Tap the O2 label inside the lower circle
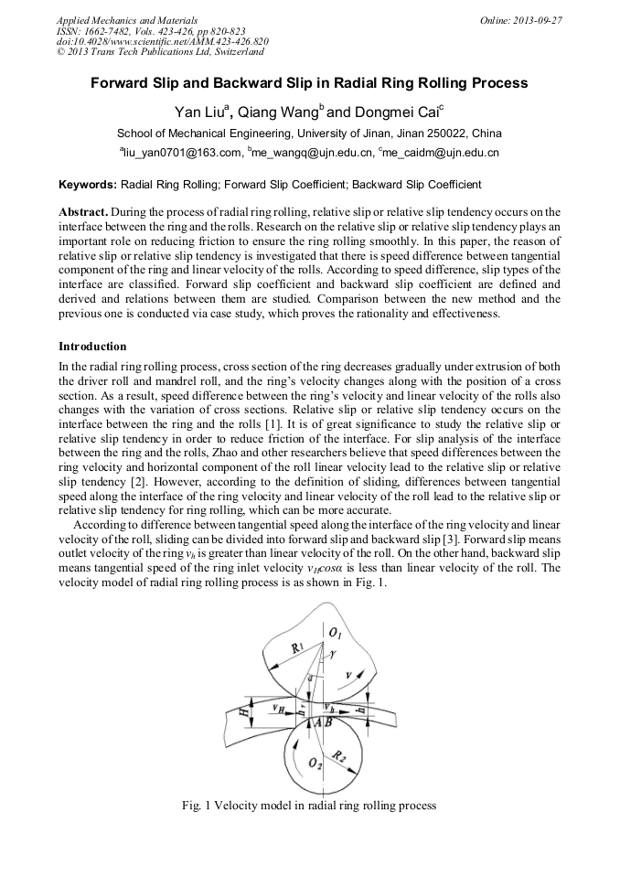point(315,764)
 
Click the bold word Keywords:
point(88,184)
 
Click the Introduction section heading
point(92,347)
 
